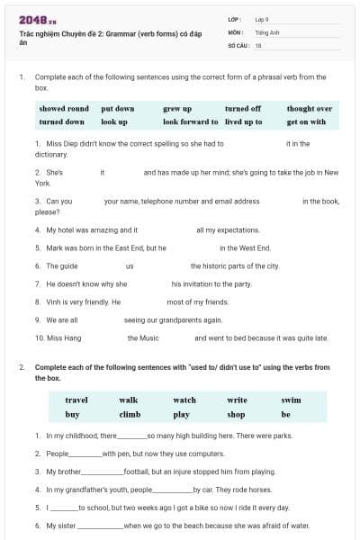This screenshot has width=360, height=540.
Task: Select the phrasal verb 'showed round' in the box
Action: [64, 109]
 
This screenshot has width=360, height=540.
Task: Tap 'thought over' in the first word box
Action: [310, 109]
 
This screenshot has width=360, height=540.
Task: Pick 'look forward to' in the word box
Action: [190, 121]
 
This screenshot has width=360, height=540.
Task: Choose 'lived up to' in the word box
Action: [244, 121]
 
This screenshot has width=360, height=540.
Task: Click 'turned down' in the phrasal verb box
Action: [62, 121]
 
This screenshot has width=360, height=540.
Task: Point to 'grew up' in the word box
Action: [177, 109]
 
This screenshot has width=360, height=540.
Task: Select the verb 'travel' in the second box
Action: [76, 400]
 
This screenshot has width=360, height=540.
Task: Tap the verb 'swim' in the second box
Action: [291, 400]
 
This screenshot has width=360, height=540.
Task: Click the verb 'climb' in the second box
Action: [130, 415]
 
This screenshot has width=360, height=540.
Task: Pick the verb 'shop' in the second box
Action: [237, 415]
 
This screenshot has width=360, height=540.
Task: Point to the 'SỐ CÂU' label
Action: [238, 44]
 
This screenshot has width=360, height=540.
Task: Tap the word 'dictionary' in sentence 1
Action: [51, 154]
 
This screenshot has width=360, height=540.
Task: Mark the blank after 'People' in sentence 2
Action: [85, 454]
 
